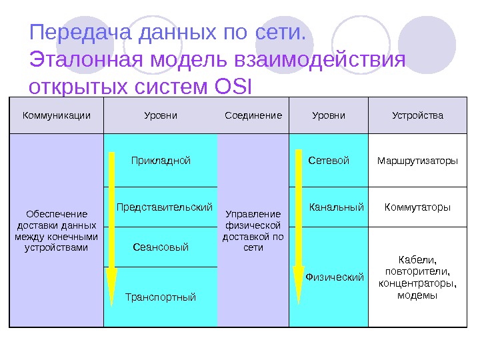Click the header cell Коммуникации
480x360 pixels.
[57, 115]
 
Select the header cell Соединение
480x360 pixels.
[253, 115]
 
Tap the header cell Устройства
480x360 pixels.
[417, 115]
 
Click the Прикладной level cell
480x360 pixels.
[161, 161]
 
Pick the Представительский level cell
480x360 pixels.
[164, 207]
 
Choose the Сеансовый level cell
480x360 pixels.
[161, 247]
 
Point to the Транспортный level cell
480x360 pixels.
[161, 297]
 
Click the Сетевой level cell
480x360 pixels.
[329, 161]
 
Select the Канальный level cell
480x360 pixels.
[336, 207]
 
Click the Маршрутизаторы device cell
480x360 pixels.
[417, 161]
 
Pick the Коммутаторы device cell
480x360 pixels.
[417, 207]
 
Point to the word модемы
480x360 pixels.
[417, 295]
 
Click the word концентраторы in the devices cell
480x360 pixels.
[417, 283]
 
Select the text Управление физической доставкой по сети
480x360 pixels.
[253, 231]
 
